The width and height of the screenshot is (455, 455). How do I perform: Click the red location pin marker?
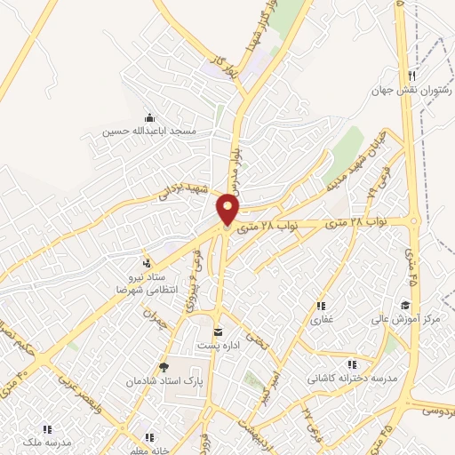(x=228, y=210)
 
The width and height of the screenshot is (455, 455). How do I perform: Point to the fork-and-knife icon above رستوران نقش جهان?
(x=411, y=76)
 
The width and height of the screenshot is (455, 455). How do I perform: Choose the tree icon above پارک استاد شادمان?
(x=163, y=366)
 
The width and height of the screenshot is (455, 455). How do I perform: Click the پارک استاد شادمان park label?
(x=163, y=379)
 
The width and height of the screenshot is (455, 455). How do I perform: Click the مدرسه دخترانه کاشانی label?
(x=351, y=379)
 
